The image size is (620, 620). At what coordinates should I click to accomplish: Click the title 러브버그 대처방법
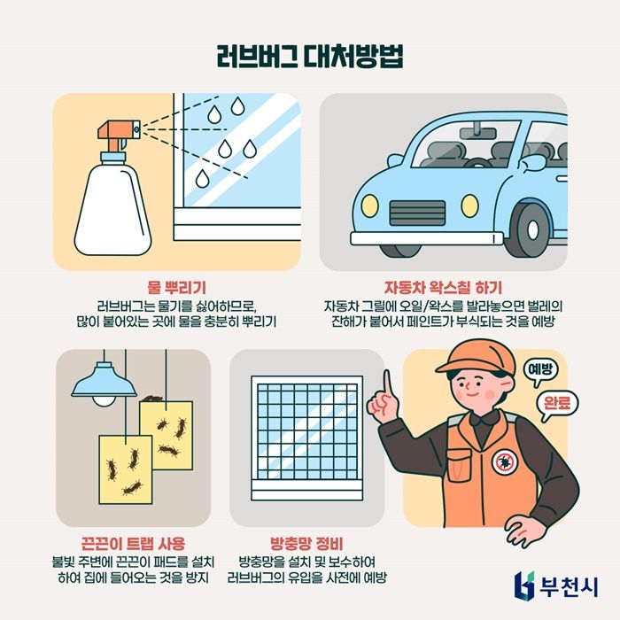click(309, 55)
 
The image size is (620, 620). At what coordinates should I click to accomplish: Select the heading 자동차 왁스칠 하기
click(443, 288)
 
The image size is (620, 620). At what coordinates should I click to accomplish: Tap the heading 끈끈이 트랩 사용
click(130, 541)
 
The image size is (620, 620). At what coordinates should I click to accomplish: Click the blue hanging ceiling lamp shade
click(104, 382)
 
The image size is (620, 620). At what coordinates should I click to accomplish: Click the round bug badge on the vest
click(504, 461)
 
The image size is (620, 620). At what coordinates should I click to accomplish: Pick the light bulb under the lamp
click(105, 400)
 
